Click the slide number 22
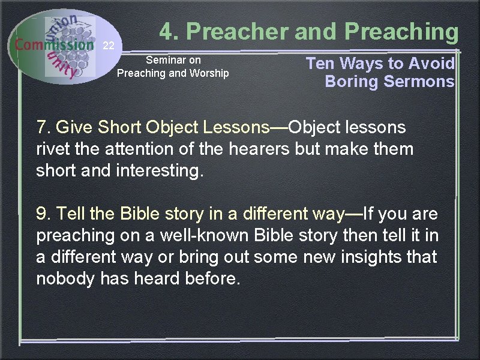[108, 46]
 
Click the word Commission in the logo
[55, 44]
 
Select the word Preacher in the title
[231, 31]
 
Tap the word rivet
[53, 148]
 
